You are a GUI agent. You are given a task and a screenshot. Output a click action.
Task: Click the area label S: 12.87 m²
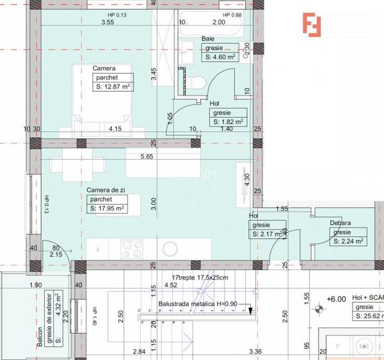click(113, 86)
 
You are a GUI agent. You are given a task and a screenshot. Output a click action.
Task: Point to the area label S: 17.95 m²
click(107, 208)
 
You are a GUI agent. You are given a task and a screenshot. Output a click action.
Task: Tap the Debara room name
click(340, 223)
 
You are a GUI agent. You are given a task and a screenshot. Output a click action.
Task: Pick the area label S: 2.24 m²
click(349, 242)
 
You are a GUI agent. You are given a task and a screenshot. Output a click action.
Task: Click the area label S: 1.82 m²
click(228, 121)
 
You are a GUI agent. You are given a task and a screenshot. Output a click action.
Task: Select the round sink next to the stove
click(171, 247)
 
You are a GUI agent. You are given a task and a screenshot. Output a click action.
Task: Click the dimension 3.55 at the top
click(108, 22)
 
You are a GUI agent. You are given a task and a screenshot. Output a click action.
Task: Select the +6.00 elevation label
click(336, 299)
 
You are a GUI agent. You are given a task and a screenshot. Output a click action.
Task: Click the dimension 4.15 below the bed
click(115, 129)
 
